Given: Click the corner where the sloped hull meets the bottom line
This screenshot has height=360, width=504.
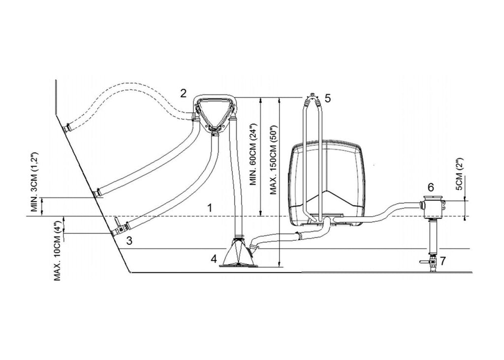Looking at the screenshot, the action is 130,272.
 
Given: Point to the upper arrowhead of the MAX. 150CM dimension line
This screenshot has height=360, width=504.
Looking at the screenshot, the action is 280,100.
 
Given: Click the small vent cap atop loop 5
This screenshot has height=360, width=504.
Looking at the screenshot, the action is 312,95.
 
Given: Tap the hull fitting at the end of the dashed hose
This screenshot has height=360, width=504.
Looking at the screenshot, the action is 67,128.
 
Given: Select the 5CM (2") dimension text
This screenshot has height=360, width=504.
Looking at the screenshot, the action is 459,174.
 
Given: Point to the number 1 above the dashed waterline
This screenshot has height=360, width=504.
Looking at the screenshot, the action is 210,208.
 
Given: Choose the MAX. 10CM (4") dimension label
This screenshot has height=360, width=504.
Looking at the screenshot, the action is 58,251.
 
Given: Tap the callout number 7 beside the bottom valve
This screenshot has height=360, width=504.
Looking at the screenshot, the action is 443,261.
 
